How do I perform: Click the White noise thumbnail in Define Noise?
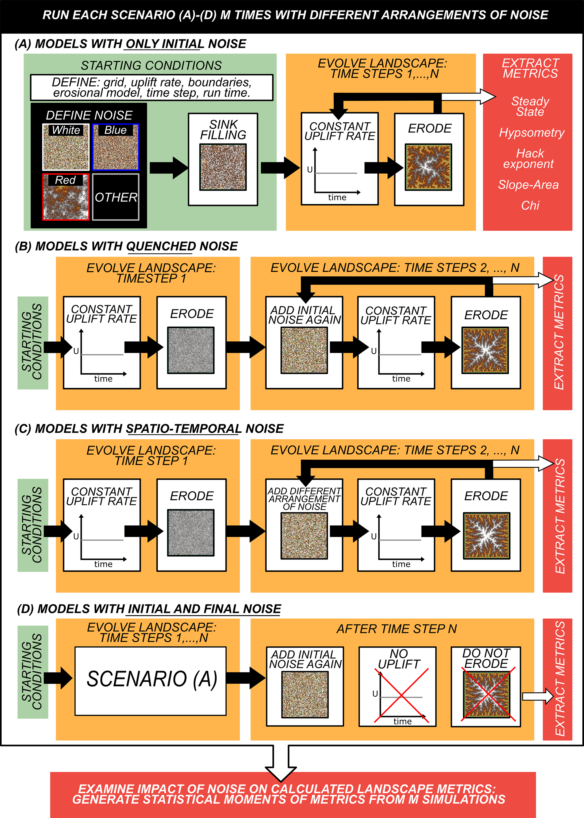click(x=66, y=147)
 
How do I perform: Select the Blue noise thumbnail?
click(x=116, y=147)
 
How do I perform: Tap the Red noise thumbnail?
click(x=66, y=197)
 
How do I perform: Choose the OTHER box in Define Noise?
click(x=116, y=197)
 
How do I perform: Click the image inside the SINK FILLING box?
click(x=223, y=167)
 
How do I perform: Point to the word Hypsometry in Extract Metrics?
click(x=531, y=133)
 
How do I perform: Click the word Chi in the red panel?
click(x=530, y=206)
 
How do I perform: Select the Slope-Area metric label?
click(x=528, y=185)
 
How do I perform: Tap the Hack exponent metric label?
click(x=528, y=159)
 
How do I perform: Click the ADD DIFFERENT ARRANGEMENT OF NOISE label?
click(x=304, y=499)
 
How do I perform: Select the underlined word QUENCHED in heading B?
click(x=161, y=246)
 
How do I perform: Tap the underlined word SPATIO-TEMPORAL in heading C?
click(x=183, y=429)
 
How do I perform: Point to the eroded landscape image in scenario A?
click(x=428, y=167)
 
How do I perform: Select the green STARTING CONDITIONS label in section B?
click(x=33, y=343)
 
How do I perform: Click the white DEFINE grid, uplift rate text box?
click(x=151, y=87)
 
